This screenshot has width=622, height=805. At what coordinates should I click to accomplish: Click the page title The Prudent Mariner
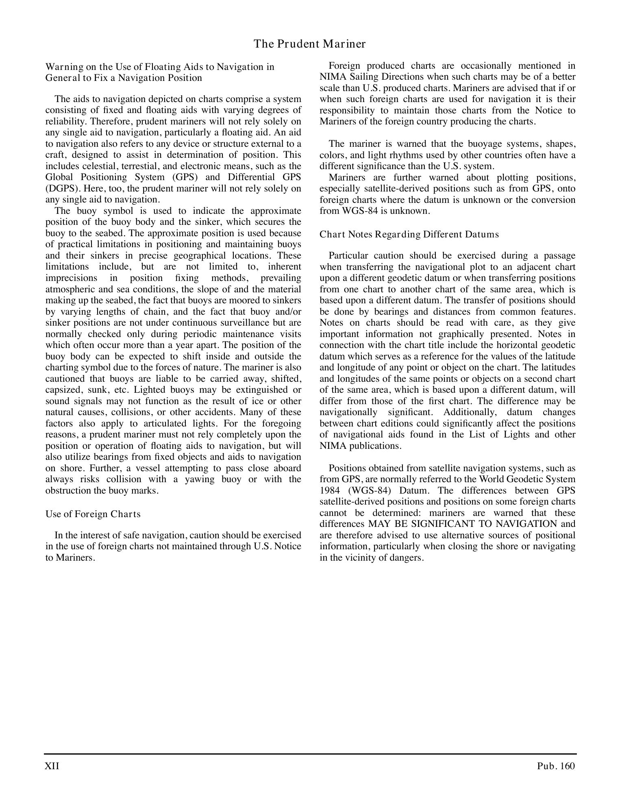[x=309, y=44]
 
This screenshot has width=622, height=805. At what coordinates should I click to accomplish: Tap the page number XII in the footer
[x=52, y=766]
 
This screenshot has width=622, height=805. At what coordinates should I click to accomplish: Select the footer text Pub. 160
[x=556, y=766]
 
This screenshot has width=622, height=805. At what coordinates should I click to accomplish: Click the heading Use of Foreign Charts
[x=93, y=514]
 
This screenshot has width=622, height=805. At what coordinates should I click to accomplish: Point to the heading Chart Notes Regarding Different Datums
[x=409, y=235]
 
